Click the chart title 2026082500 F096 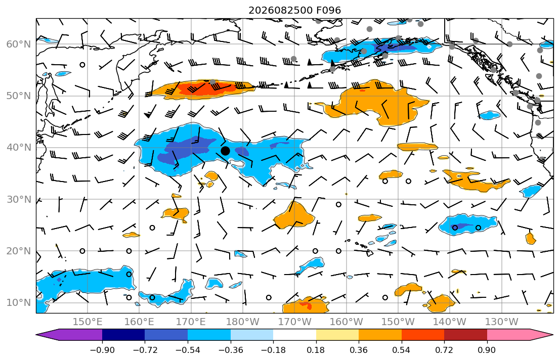tap(294, 10)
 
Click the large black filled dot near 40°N tap(225, 151)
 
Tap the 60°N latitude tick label tap(19, 44)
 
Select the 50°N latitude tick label tap(19, 96)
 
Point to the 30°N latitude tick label tap(19, 199)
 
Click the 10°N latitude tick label tap(19, 303)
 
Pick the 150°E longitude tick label tap(88, 322)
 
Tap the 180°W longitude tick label tap(243, 322)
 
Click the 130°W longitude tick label tap(502, 322)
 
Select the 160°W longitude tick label tap(346, 322)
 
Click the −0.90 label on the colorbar tap(102, 350)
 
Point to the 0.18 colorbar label tap(316, 350)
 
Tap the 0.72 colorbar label tap(444, 350)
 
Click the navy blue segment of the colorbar tap(123, 335)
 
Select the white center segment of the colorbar tap(294, 335)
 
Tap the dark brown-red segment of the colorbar tap(465, 335)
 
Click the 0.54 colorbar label tap(402, 350)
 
